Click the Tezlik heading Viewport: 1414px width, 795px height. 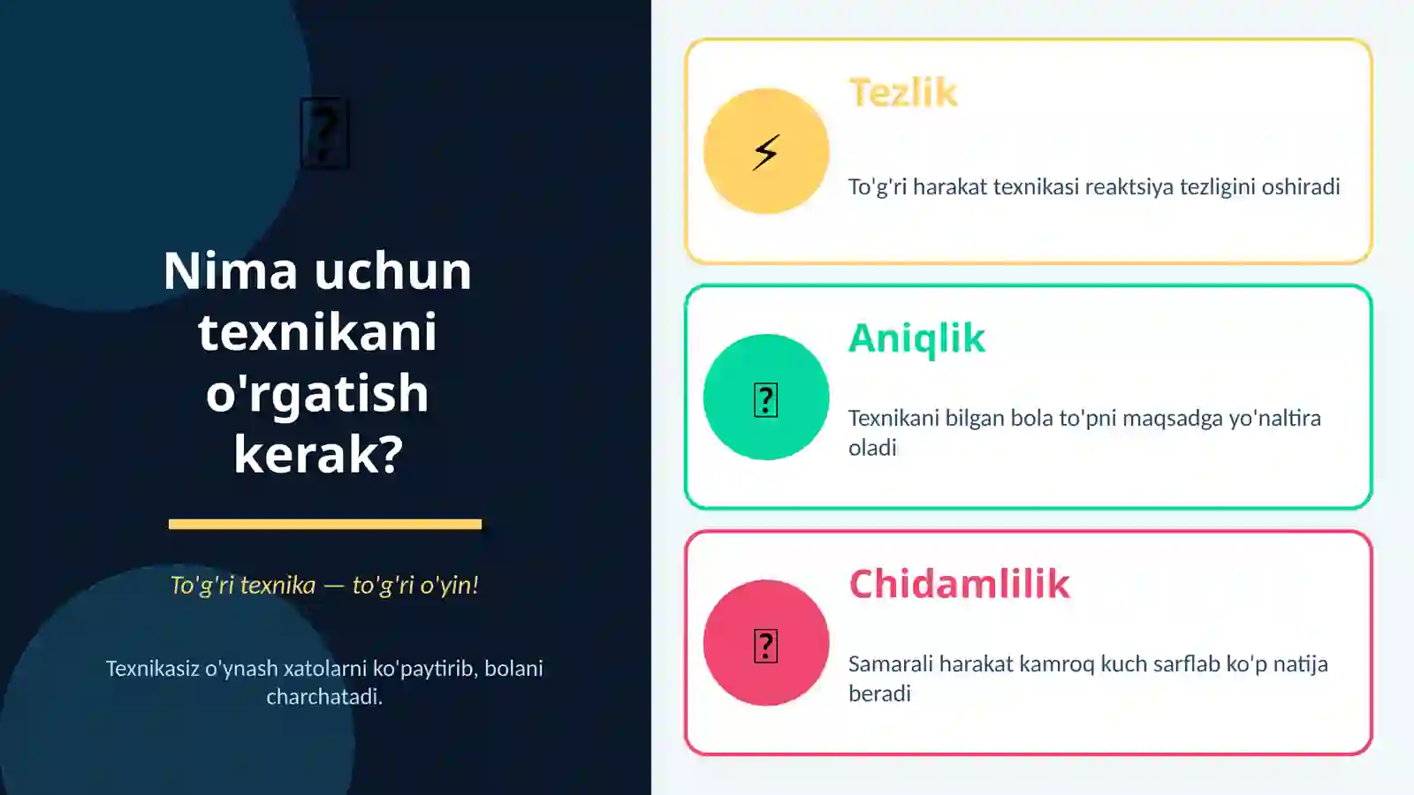point(902,93)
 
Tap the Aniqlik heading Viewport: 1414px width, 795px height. point(916,338)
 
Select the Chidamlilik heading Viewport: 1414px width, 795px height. point(959,584)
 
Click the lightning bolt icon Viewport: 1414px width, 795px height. point(766,152)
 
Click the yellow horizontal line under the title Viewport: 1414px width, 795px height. point(324,524)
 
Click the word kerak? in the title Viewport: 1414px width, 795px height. point(318,454)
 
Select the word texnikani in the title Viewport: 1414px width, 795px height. point(318,332)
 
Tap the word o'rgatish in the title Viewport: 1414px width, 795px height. point(317,393)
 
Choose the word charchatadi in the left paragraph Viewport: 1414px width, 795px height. point(323,697)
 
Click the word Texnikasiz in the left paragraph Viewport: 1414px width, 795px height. point(153,669)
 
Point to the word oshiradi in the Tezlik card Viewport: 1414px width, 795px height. point(1300,186)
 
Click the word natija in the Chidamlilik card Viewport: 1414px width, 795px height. point(1299,664)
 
